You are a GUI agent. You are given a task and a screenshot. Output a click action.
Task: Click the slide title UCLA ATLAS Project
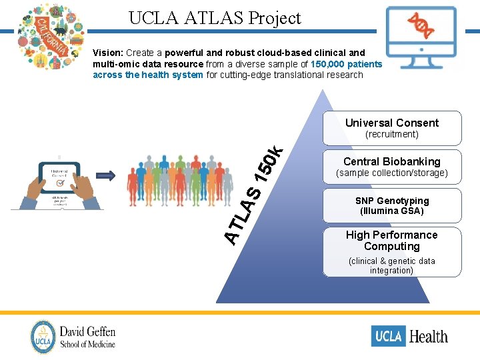click(x=215, y=18)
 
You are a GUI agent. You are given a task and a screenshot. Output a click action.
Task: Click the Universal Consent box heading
click(x=391, y=123)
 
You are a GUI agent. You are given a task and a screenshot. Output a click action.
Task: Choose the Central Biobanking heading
click(x=391, y=161)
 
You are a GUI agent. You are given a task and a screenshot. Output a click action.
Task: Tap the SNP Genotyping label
click(x=391, y=201)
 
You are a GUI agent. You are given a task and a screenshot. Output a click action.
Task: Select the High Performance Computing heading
click(x=391, y=241)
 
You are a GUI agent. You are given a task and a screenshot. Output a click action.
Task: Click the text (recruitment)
click(x=391, y=135)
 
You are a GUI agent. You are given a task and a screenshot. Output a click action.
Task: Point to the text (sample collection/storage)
click(x=391, y=173)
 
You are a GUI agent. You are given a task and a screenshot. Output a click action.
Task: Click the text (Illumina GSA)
click(x=391, y=211)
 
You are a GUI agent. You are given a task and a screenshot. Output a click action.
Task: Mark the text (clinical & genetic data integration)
click(x=391, y=265)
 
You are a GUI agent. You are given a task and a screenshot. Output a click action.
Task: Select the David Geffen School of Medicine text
click(x=87, y=337)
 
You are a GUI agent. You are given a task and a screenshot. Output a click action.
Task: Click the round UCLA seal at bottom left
click(x=43, y=337)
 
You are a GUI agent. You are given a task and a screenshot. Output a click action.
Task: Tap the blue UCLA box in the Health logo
click(x=388, y=336)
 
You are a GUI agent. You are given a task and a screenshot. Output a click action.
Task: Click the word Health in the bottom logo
click(x=429, y=337)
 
